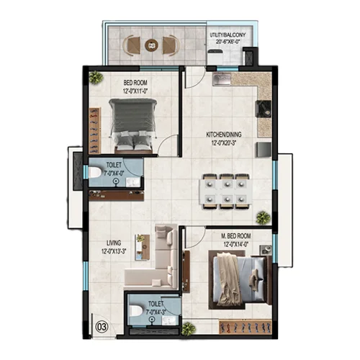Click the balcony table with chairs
[150, 45]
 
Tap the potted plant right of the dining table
[264, 216]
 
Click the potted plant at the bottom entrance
[189, 328]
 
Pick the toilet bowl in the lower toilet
[135, 312]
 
